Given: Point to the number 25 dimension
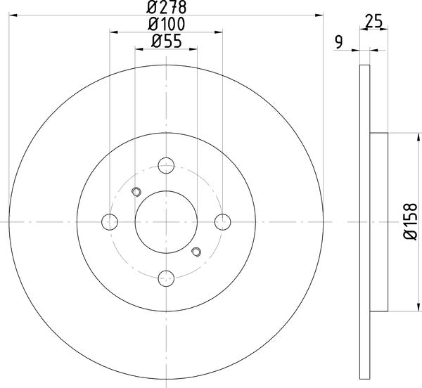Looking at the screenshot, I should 374,22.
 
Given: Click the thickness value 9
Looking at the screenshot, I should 340,43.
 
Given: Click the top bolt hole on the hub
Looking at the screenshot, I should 166,166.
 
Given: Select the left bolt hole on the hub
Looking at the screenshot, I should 110,222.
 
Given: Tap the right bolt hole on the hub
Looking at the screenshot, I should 222,222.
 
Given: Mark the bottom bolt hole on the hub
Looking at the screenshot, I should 166,278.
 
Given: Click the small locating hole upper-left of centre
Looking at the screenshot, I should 136,191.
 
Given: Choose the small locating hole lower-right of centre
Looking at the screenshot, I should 196,252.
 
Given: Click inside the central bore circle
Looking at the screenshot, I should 166,222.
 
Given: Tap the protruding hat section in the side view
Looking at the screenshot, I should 378,222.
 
